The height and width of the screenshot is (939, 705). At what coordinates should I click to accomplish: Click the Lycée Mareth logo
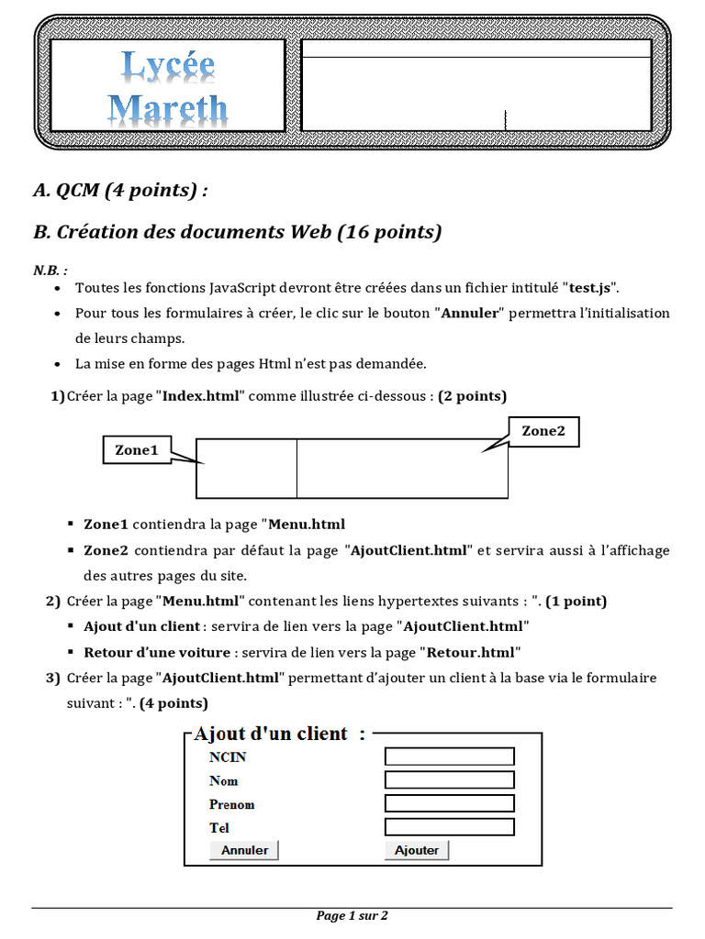(168, 87)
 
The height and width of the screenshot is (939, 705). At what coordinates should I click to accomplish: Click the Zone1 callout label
(137, 449)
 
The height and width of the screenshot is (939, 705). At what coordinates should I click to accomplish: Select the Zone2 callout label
(543, 431)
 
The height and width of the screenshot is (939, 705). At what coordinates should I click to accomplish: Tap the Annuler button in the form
(244, 850)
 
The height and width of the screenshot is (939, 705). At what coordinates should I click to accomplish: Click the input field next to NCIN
(449, 757)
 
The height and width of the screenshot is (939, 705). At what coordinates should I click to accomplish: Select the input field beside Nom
(449, 780)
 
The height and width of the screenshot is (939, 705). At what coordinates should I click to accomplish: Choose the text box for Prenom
(449, 803)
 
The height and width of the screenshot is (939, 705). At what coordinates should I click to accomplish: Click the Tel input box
(449, 827)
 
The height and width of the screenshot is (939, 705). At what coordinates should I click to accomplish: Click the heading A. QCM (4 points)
(120, 190)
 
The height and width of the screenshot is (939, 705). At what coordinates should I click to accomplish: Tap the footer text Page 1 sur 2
(352, 915)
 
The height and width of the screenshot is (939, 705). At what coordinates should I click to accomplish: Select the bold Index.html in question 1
(202, 395)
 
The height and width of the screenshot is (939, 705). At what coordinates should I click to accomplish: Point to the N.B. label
(50, 271)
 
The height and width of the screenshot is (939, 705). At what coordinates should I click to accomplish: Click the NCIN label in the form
(228, 757)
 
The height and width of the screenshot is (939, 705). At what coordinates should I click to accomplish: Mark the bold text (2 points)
(472, 395)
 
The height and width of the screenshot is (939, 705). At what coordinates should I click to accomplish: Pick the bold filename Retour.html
(471, 652)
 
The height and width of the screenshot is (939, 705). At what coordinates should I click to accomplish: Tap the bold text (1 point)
(576, 602)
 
